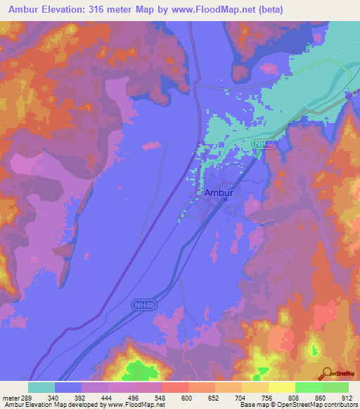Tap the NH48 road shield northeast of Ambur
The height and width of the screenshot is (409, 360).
tap(262, 143)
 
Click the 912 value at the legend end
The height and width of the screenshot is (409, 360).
tap(346, 397)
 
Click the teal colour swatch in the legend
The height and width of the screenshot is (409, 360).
tap(41, 387)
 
